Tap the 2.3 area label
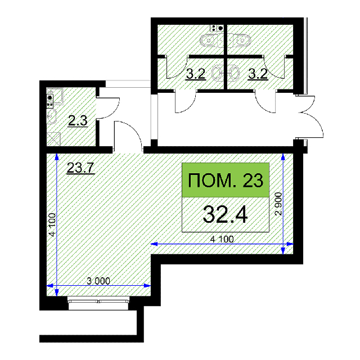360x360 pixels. click(x=78, y=121)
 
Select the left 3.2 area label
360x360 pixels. click(x=195, y=74)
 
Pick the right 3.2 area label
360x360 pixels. click(x=258, y=74)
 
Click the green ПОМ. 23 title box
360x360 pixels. click(x=226, y=180)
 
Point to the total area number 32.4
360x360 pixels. click(x=225, y=214)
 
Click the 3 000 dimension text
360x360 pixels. click(x=98, y=281)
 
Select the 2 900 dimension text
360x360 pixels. click(x=278, y=204)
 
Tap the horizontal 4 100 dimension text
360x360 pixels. click(x=222, y=239)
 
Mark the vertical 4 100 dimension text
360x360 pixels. click(x=52, y=225)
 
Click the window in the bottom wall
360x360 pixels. click(x=98, y=303)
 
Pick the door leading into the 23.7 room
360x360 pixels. click(x=128, y=136)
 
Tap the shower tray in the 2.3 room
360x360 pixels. click(x=53, y=139)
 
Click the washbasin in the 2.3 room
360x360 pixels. click(x=52, y=116)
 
